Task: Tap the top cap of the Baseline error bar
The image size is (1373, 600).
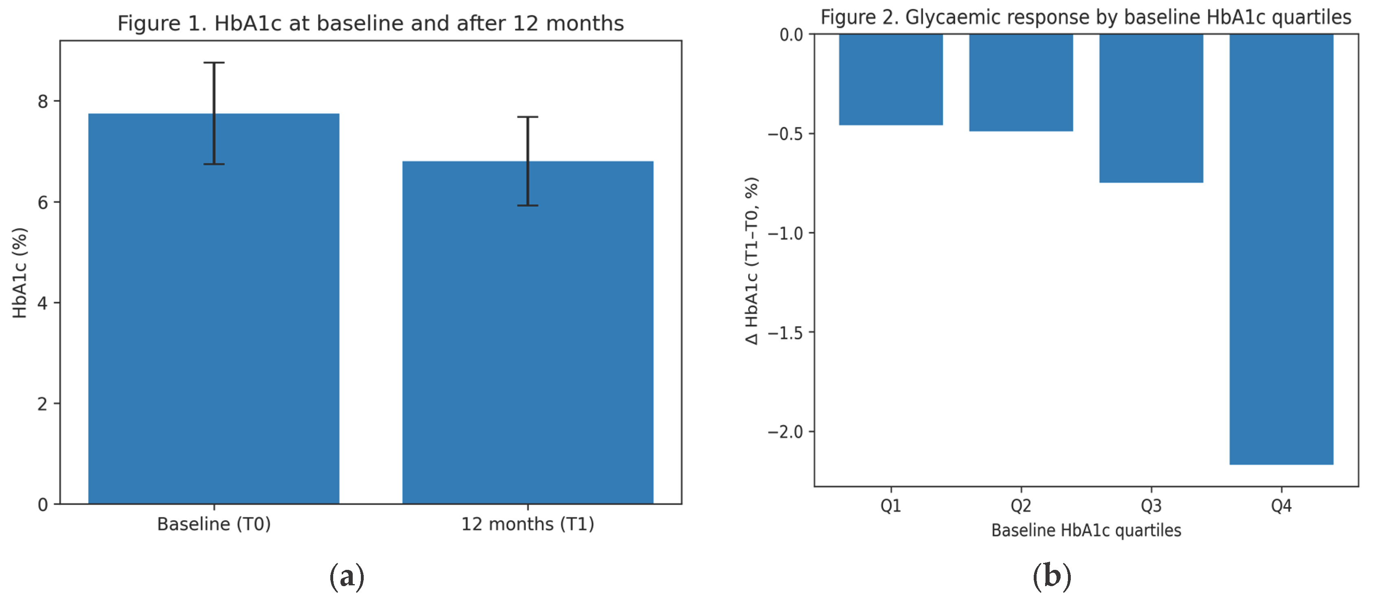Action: coord(214,63)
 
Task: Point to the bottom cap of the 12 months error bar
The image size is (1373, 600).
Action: coord(528,205)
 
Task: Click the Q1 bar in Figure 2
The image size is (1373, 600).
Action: coord(891,80)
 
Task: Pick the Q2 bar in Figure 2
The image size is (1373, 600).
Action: coord(1021,83)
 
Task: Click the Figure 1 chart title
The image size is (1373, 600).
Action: coord(370,24)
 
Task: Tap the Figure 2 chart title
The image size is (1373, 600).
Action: coord(1086,17)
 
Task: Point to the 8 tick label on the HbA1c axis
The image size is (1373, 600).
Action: coord(43,101)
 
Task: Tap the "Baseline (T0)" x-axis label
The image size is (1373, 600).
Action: coord(214,524)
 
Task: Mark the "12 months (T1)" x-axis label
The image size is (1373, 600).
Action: coord(528,524)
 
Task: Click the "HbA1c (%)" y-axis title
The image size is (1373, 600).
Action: coord(20,273)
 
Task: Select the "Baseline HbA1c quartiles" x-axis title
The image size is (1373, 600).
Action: coord(1086,531)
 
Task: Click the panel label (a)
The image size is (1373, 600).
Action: coord(347,576)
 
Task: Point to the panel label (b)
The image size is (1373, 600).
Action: coord(1052,576)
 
